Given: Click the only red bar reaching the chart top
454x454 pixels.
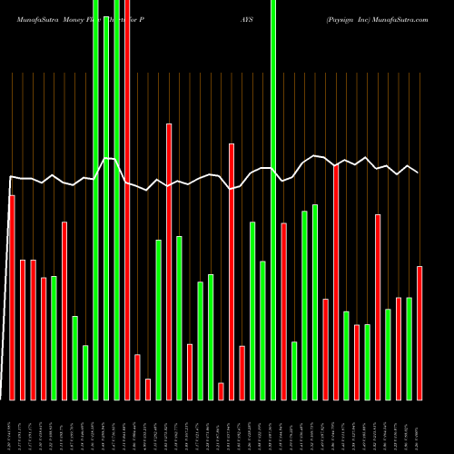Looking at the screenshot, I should (127, 200).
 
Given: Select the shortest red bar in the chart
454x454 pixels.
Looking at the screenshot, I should (221, 391).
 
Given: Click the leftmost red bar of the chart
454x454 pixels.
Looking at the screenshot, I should (12, 297).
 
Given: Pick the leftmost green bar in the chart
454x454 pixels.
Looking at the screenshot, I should (54, 338).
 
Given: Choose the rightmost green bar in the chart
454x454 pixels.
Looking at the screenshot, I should (409, 349).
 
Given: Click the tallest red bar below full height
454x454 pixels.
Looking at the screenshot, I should (169, 262).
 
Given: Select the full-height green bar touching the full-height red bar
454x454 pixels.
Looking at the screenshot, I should (116, 200).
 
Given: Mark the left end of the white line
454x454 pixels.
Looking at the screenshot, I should (10, 177).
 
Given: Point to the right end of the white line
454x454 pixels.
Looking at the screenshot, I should (419, 172).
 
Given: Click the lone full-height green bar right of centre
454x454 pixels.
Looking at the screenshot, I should (273, 200).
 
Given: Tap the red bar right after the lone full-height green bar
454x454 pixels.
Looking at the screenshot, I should (283, 311).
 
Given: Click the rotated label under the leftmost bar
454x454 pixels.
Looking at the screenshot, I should (11, 427).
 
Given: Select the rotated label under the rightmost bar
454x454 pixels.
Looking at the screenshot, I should (419, 427).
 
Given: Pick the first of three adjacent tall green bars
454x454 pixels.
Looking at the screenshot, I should (95, 200).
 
